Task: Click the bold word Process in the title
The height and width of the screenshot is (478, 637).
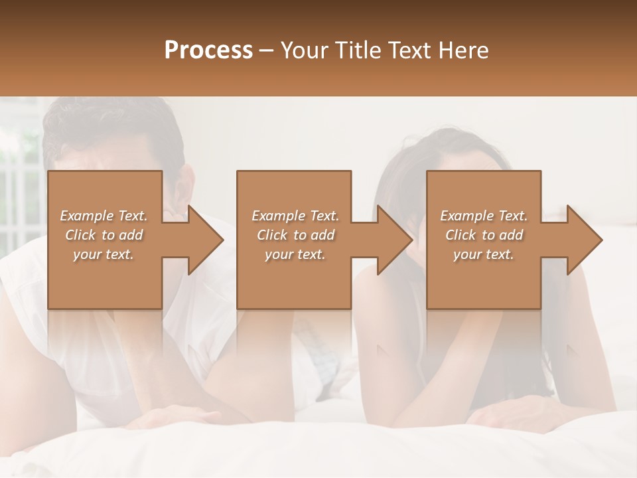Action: (208, 50)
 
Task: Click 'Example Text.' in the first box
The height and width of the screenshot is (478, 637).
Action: (104, 216)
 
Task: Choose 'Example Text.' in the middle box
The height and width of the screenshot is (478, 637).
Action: (295, 216)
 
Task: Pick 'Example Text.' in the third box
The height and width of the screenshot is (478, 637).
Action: (484, 216)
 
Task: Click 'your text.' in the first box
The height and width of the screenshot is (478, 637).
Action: (103, 254)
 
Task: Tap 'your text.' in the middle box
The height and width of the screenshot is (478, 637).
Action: (295, 254)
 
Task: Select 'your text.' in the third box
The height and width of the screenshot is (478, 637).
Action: (483, 254)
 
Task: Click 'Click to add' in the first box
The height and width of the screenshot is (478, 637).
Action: (104, 235)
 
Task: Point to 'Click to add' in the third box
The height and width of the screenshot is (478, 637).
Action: (484, 235)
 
